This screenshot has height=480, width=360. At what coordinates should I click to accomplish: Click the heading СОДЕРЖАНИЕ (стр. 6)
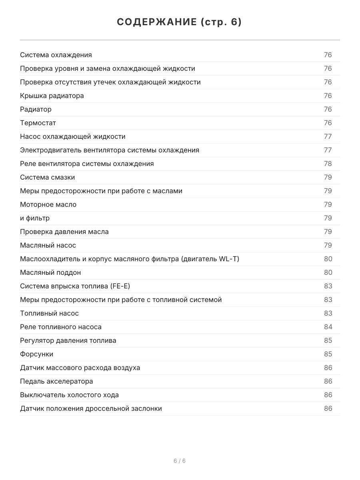click(x=180, y=22)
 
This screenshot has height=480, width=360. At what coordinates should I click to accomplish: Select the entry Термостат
click(x=38, y=123)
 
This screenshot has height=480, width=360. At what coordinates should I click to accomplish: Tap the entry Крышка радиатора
click(x=52, y=96)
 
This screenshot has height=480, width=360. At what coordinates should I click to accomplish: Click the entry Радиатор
click(x=36, y=109)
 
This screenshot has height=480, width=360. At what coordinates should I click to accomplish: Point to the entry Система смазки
click(x=47, y=177)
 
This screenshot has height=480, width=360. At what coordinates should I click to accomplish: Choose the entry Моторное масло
click(x=48, y=204)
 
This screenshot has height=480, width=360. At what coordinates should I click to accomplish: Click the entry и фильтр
click(x=35, y=218)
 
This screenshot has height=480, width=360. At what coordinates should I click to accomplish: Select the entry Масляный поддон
click(x=50, y=272)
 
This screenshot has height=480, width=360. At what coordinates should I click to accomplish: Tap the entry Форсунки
click(x=36, y=354)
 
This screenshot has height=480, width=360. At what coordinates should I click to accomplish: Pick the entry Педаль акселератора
click(x=56, y=381)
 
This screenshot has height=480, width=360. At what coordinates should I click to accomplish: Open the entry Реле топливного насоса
click(x=61, y=327)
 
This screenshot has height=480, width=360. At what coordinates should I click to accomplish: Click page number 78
click(x=328, y=164)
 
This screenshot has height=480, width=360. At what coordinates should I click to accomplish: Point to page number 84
click(x=328, y=327)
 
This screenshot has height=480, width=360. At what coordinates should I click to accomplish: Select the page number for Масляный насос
click(x=328, y=245)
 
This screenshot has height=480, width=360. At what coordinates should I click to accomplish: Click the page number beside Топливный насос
click(x=328, y=313)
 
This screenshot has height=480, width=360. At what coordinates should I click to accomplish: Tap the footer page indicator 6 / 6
click(x=180, y=461)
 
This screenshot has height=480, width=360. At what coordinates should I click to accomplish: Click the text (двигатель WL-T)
click(x=210, y=259)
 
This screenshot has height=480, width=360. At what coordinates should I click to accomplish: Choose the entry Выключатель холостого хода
click(x=69, y=395)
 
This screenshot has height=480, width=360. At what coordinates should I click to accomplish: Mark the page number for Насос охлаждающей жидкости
click(x=328, y=136)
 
